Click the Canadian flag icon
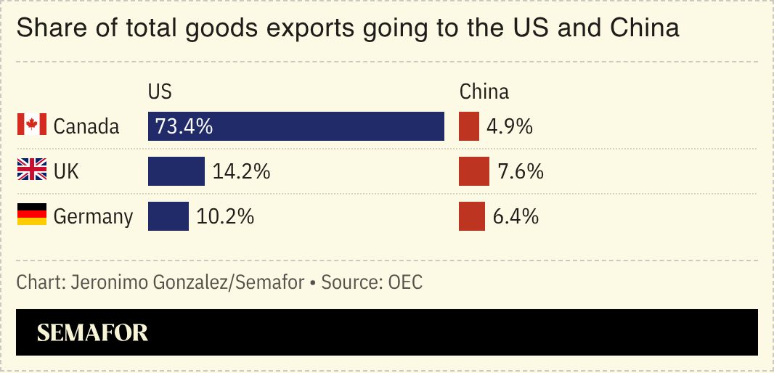coord(31,126)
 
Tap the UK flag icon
coord(31,171)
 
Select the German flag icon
coord(31,216)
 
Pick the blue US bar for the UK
coord(176,171)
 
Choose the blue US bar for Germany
coord(168,216)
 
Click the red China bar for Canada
coord(468,126)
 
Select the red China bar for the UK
coord(473,171)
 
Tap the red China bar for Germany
coord(471,216)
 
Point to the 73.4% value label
coord(184,126)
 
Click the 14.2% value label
coord(241,171)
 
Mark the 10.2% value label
coord(225,216)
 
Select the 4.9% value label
coord(510,126)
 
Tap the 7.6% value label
coord(521,171)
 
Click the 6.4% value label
coord(516,216)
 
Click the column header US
coord(160,92)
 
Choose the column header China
coord(484,92)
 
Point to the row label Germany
coord(93,216)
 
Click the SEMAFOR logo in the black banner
coord(92,332)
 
